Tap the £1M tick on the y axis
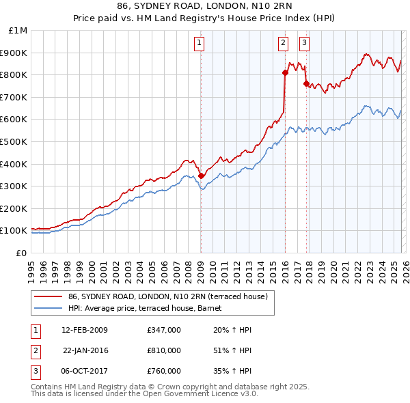click(x=18, y=30)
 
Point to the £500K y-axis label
click(x=15, y=141)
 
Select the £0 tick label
click(x=22, y=253)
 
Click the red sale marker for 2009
click(x=202, y=176)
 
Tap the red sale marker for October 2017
click(x=306, y=83)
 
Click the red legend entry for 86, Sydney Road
click(x=171, y=296)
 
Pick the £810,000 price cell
click(x=163, y=350)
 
